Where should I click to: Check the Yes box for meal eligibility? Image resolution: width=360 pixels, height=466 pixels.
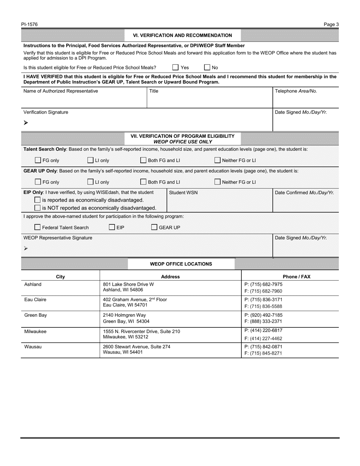tap(175, 67)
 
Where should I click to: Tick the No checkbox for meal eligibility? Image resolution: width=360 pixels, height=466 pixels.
tap(207, 67)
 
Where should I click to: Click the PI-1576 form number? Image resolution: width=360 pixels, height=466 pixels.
tap(30, 25)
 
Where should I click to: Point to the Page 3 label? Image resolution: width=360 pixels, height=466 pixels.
tap(331, 25)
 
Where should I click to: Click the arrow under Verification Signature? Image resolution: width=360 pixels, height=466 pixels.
tap(26, 123)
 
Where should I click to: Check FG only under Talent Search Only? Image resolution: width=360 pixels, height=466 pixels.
tap(38, 160)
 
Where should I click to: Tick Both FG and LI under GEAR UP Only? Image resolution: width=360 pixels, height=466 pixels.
tap(144, 182)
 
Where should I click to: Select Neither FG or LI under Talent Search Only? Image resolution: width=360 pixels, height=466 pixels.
tap(218, 160)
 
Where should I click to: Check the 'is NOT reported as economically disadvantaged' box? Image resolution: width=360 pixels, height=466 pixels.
tap(38, 208)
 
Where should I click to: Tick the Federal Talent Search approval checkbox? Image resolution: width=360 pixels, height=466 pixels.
tap(38, 227)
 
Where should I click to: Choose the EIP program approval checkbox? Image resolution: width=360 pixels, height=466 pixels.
tap(112, 227)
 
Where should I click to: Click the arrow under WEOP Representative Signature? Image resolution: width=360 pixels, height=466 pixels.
tap(26, 249)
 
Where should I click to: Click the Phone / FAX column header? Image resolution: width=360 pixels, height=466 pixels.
tap(296, 277)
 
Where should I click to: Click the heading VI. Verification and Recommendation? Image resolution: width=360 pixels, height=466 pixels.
tap(182, 35)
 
